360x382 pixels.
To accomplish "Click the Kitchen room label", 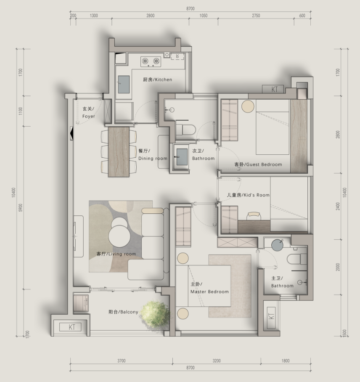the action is (157, 80).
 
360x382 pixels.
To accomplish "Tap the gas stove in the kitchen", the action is (151, 62).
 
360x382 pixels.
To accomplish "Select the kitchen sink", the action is (124, 85).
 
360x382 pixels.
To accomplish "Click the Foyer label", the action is (88, 113).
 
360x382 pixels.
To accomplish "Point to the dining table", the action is (119, 151).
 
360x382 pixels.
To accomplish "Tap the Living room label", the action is (116, 254).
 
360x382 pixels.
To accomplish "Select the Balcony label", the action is (123, 312).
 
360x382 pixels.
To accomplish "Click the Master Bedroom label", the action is (209, 288).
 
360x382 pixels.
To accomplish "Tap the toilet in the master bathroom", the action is (297, 259).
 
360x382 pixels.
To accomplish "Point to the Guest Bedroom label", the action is (258, 164).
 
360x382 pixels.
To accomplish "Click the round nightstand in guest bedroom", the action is (248, 106).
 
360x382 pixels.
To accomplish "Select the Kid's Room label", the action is (248, 195).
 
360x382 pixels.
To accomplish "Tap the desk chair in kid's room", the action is (254, 215).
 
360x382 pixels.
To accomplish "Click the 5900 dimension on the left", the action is (21, 208).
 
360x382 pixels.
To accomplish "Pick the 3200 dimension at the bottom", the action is (217, 361).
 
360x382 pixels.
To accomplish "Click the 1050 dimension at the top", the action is (204, 16).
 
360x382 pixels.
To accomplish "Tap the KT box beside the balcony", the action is (71, 327).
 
